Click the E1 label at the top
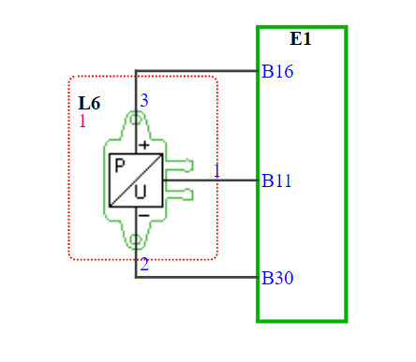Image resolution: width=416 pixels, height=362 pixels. pos(301,39)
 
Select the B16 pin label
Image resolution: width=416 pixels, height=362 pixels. pos(277,71)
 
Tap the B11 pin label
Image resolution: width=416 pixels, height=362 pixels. pos(276,181)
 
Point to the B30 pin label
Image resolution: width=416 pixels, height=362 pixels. pos(277,278)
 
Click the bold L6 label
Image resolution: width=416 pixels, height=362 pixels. pos(89,103)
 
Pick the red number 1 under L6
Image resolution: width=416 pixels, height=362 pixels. pos(82,122)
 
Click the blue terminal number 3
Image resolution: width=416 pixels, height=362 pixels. pos(144,100)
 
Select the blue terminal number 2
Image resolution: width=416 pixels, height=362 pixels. pos(144,265)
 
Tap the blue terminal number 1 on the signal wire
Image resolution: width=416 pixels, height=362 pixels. pos(216,171)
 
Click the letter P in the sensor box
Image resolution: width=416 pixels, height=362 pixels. pos(120,166)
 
